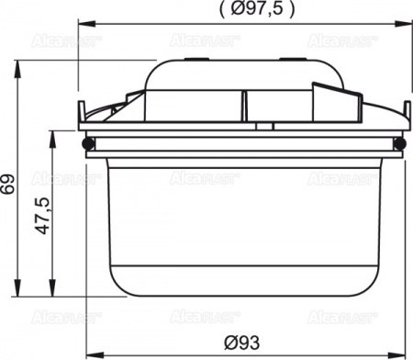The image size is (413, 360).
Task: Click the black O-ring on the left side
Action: [x=88, y=144]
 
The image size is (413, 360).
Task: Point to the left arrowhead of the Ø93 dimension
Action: [x=92, y=354]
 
